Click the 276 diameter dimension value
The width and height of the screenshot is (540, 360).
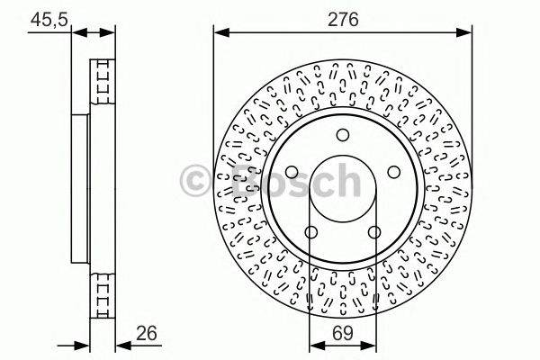point(343,17)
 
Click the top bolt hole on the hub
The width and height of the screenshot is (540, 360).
point(343,135)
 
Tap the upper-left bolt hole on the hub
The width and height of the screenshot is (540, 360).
point(291,173)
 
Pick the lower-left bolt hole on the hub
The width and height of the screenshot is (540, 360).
point(310,233)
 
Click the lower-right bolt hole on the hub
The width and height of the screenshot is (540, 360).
point(374,233)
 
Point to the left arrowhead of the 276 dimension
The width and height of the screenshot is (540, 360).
point(219,32)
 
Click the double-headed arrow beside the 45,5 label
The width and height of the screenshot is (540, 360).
point(94,32)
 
